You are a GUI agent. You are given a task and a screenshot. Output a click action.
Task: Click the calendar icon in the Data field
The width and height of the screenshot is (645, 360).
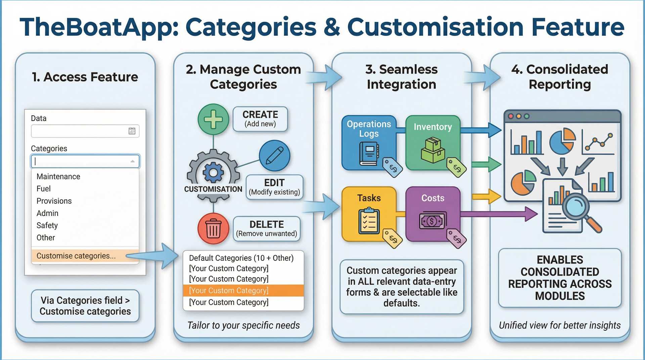[132, 131]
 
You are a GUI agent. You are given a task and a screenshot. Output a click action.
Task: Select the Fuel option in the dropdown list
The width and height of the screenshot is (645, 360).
[44, 189]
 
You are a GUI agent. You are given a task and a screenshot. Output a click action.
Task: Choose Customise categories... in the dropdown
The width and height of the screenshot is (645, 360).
[76, 256]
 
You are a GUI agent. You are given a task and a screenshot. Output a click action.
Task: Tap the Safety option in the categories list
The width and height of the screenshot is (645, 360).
[47, 225]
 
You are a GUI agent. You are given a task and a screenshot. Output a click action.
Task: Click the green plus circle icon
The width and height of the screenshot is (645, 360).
[213, 119]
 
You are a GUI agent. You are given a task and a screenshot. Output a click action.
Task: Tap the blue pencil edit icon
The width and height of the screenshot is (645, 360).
[274, 156]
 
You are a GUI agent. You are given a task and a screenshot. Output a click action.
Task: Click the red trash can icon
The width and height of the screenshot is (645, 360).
[213, 228]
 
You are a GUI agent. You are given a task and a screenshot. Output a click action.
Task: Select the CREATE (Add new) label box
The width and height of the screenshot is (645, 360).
[260, 119]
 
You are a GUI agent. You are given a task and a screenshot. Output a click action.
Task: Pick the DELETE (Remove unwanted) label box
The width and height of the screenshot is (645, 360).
[266, 229]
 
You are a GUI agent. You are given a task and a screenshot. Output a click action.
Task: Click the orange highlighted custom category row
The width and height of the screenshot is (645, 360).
[243, 290]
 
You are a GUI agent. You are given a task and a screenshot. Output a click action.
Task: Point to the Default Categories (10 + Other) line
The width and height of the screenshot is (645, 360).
[241, 258]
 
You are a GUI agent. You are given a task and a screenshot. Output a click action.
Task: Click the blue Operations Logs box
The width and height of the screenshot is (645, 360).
[369, 143]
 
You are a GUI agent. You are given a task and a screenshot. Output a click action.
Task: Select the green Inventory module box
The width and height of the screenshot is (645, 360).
[433, 143]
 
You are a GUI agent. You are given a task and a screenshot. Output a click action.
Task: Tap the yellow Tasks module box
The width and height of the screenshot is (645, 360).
[369, 214]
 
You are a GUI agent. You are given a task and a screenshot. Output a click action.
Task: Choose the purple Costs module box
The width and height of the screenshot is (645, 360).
[433, 214]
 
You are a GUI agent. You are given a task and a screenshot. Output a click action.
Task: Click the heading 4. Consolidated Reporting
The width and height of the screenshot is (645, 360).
[560, 77]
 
